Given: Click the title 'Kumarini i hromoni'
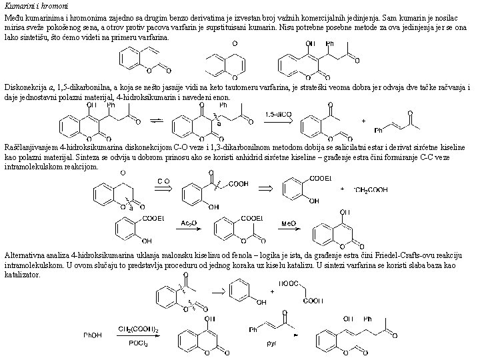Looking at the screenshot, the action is tap(28, 5).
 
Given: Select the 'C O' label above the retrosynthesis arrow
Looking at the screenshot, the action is tap(163, 181).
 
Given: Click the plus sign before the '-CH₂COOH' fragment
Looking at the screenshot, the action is tap(343, 189).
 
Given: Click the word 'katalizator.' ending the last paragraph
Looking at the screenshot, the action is tap(21, 273).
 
